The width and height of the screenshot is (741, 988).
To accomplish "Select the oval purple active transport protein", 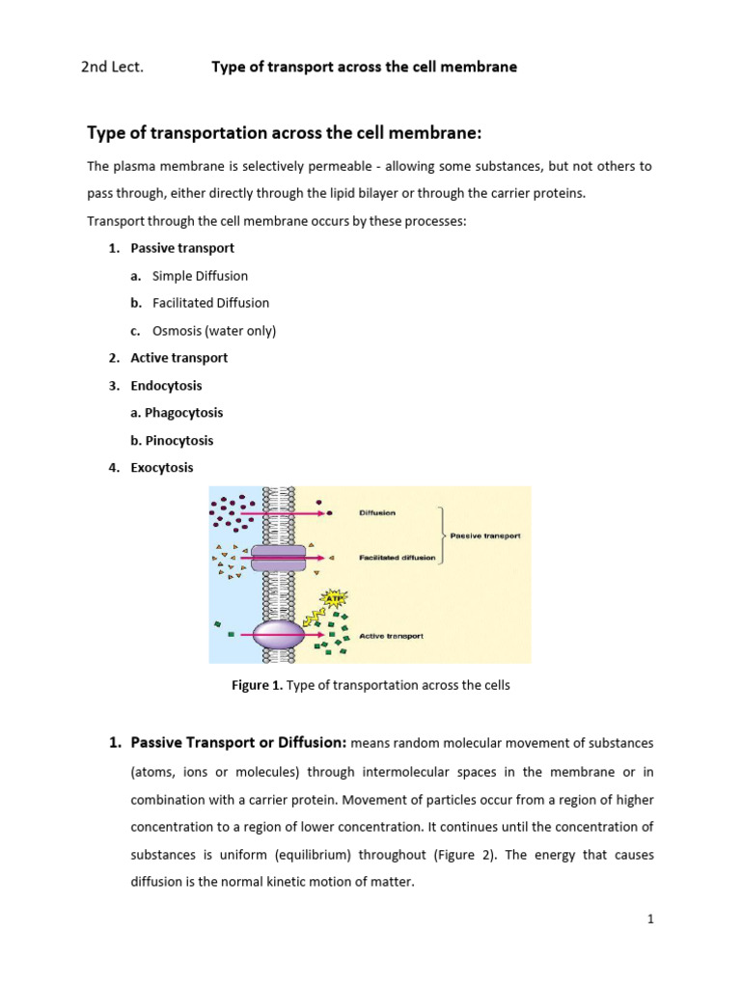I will [x=279, y=635].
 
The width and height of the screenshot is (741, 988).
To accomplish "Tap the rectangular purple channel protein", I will [x=279, y=557].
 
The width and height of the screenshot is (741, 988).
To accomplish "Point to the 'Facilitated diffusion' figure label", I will [x=397, y=558].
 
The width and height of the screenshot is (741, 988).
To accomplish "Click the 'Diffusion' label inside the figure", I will [x=376, y=513].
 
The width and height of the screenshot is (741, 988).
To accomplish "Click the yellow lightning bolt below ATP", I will [x=313, y=615].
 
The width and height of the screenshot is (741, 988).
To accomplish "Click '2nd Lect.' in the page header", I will [x=112, y=67].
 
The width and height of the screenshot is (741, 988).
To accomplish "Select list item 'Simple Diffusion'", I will [x=200, y=276].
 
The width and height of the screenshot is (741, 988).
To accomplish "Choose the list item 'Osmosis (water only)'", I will [x=214, y=331].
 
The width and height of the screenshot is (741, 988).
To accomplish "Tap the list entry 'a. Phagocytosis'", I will [x=177, y=413].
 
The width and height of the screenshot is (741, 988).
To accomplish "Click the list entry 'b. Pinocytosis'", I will [x=172, y=440].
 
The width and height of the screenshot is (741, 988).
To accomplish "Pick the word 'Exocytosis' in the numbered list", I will [x=162, y=467].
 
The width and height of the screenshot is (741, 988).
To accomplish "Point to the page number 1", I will [x=650, y=919].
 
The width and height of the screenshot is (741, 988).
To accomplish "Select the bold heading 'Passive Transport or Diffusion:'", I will [x=238, y=743].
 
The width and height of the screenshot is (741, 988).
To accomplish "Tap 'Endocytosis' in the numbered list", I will [x=166, y=385].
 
